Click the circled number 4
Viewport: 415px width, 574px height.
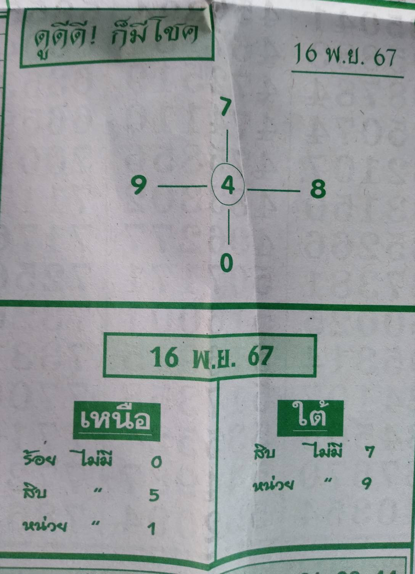tap(228, 186)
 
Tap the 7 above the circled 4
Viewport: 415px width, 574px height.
tap(226, 107)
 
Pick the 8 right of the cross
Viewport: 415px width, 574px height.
tap(318, 189)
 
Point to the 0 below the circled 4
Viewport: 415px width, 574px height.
tap(227, 263)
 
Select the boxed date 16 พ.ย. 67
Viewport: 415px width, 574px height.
tap(211, 357)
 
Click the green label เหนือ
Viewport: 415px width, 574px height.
tap(116, 420)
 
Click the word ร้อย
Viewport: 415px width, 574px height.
tap(40, 460)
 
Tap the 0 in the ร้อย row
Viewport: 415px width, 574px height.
tap(156, 463)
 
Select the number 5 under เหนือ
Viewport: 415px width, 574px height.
tap(154, 495)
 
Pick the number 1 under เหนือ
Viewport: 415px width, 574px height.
tap(152, 529)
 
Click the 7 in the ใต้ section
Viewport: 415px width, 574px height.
tap(369, 453)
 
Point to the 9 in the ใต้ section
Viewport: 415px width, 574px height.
tap(367, 484)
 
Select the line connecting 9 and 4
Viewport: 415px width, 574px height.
tap(182, 187)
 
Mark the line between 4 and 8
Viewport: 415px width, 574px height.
tap(273, 189)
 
